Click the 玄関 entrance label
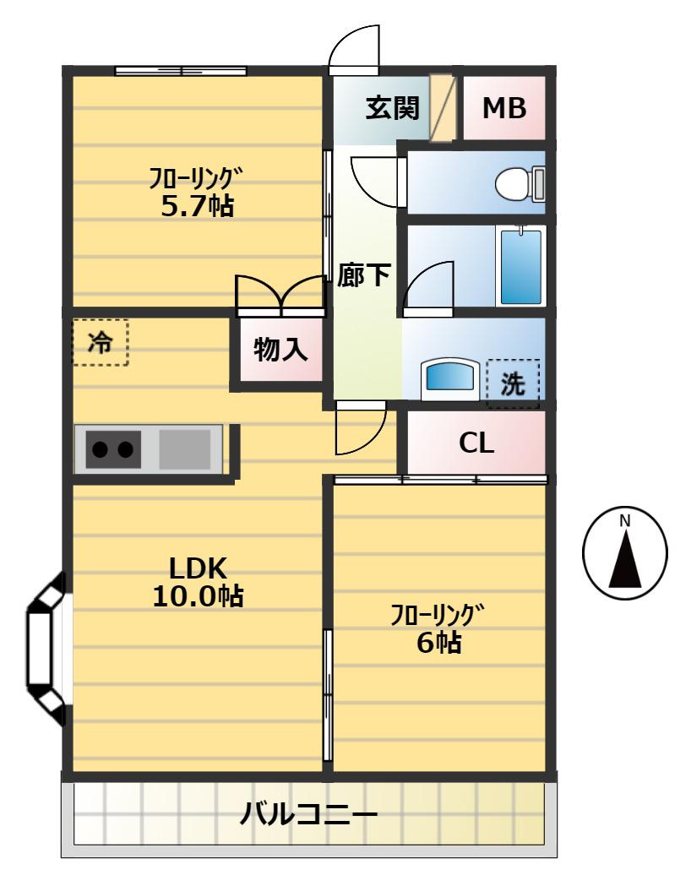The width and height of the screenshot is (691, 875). [393, 108]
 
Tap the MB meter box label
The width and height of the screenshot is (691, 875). [504, 108]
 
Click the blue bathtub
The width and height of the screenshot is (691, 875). [520, 267]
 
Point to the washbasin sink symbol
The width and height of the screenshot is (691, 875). [450, 378]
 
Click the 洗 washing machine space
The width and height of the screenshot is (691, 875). [513, 383]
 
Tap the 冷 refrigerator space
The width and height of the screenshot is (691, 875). [101, 342]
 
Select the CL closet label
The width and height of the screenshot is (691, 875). [476, 443]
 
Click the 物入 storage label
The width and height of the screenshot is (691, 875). [280, 350]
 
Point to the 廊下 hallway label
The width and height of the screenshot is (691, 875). [363, 275]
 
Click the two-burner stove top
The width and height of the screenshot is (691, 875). [113, 448]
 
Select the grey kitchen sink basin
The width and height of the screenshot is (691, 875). [185, 448]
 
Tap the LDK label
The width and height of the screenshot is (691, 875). [198, 568]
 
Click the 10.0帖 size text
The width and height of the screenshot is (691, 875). [198, 596]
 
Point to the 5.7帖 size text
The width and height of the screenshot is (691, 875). [197, 206]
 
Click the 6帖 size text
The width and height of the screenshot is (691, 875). [439, 642]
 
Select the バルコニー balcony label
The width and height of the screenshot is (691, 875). [308, 814]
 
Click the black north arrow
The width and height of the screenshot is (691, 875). [625, 558]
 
